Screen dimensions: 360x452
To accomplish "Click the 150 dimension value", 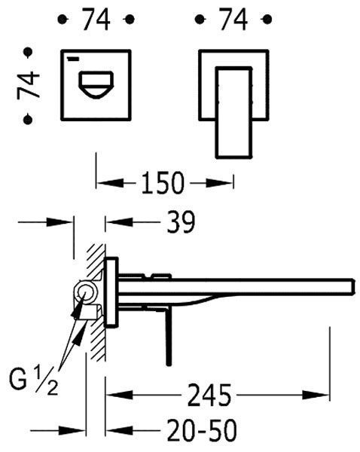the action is point(162,183).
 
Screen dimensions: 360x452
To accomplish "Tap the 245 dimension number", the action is point(209,395).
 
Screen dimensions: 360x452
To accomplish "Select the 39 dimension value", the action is point(181,222).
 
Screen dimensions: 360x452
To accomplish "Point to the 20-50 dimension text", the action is point(202,431).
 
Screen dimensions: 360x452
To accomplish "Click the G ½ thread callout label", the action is point(34,380).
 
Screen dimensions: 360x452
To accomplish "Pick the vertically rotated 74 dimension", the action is point(29,86).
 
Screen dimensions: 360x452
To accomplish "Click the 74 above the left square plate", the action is point(96,20).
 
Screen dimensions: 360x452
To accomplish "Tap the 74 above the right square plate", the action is point(233,20).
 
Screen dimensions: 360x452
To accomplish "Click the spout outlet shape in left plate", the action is point(96,84).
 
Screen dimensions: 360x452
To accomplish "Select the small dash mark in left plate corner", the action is point(73,60).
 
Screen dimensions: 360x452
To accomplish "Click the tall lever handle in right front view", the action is point(233,113).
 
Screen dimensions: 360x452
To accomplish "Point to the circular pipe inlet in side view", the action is point(85,292).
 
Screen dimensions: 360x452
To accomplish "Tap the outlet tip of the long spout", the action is point(352,286).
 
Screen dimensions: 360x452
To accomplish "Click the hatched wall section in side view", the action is point(96,303).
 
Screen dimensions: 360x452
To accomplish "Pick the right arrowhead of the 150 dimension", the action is point(219,183).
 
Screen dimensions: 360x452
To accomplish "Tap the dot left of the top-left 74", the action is point(63,20).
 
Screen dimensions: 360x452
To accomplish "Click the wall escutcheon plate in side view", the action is point(111,292).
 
